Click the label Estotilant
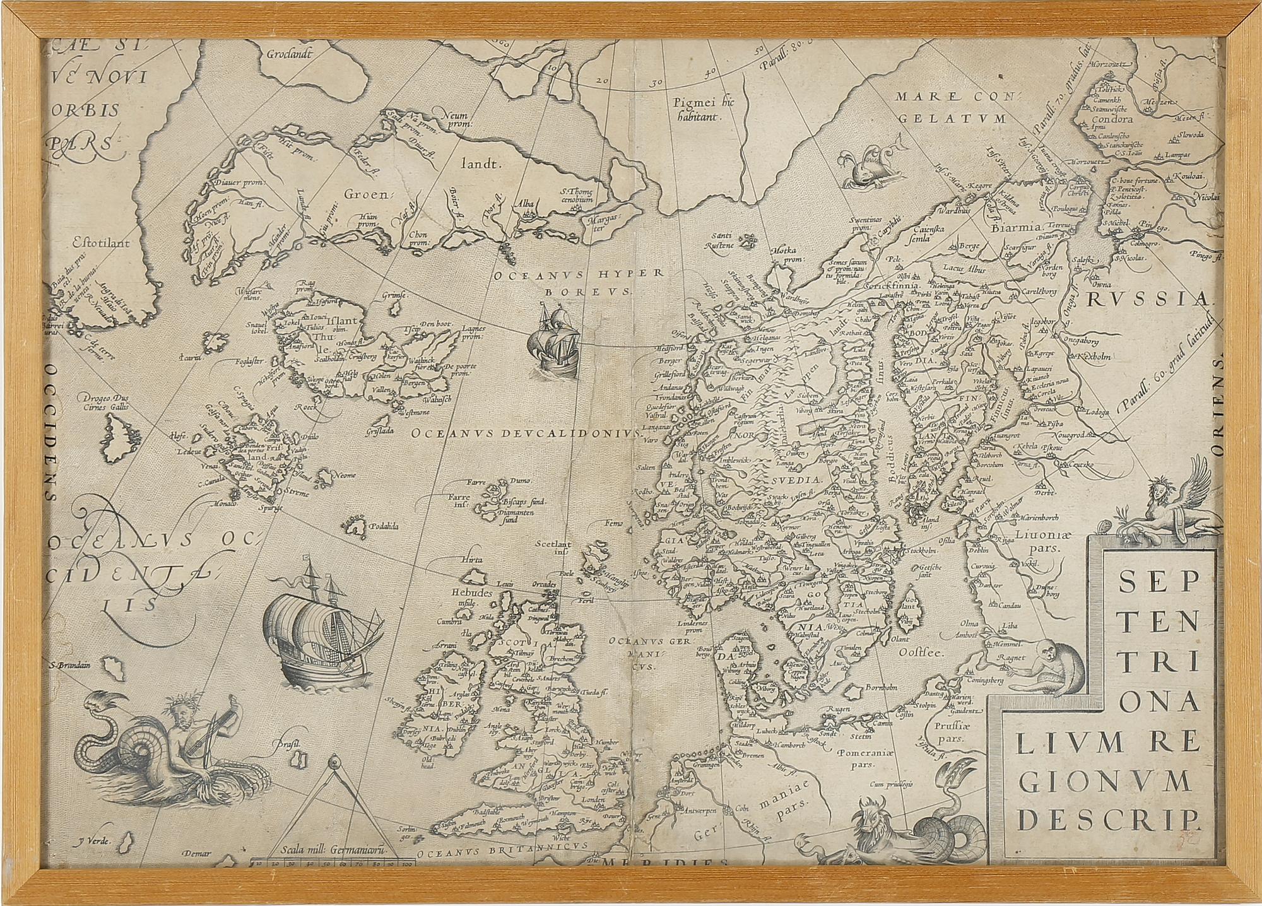(x=92, y=241)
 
